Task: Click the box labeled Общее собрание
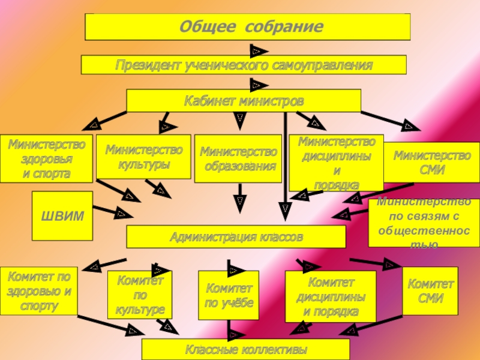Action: (x=247, y=27)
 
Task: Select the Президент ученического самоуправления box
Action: (x=244, y=65)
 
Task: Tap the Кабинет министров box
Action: (x=244, y=101)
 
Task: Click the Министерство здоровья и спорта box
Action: (x=46, y=158)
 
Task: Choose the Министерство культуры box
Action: (x=143, y=157)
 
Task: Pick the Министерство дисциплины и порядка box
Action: (x=336, y=162)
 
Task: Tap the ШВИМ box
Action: (x=62, y=215)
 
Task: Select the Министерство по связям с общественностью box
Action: (x=424, y=223)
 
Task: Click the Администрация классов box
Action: (x=236, y=237)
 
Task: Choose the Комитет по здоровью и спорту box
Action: (x=39, y=291)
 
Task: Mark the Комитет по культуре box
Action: (x=140, y=295)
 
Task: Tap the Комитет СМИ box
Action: (x=430, y=291)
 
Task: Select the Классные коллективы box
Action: (x=245, y=349)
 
